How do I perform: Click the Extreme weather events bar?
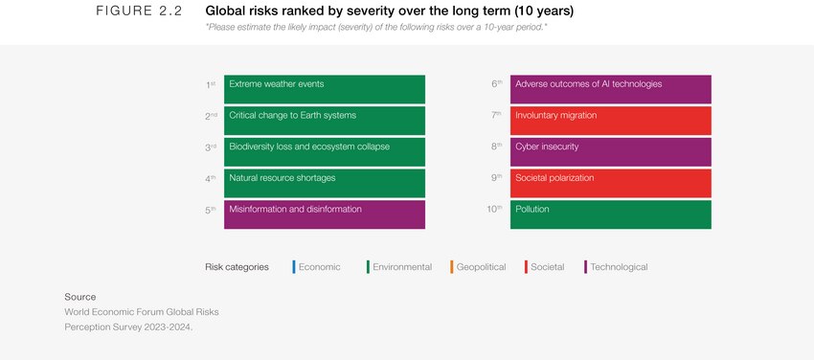pos(324,89)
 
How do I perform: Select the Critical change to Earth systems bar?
pos(324,121)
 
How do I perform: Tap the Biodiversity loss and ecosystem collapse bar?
pos(324,151)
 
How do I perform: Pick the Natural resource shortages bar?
pos(324,183)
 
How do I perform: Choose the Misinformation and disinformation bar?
pos(324,214)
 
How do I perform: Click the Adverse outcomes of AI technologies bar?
pos(610,89)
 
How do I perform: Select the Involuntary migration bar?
pos(610,121)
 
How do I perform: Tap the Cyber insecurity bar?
pos(610,151)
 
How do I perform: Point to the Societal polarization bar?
pos(610,183)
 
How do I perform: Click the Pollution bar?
pos(610,214)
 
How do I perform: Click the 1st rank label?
pos(210,84)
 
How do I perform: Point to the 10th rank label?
pos(494,209)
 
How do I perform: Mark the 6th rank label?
pos(496,84)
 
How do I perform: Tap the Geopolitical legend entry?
pos(480,267)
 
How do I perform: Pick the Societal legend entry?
pos(547,267)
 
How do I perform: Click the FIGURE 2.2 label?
pos(139,11)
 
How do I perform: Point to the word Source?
pos(80,297)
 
